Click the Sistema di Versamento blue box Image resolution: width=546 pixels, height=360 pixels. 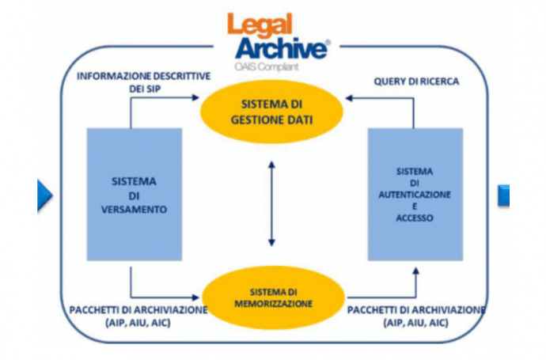(134, 194)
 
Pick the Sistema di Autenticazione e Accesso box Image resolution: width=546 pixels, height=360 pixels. (415, 194)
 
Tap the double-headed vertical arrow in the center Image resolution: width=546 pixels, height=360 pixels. (271, 203)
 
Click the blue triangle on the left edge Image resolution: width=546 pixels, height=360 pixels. (44, 195)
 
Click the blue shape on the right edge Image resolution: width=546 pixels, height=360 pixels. (503, 195)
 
